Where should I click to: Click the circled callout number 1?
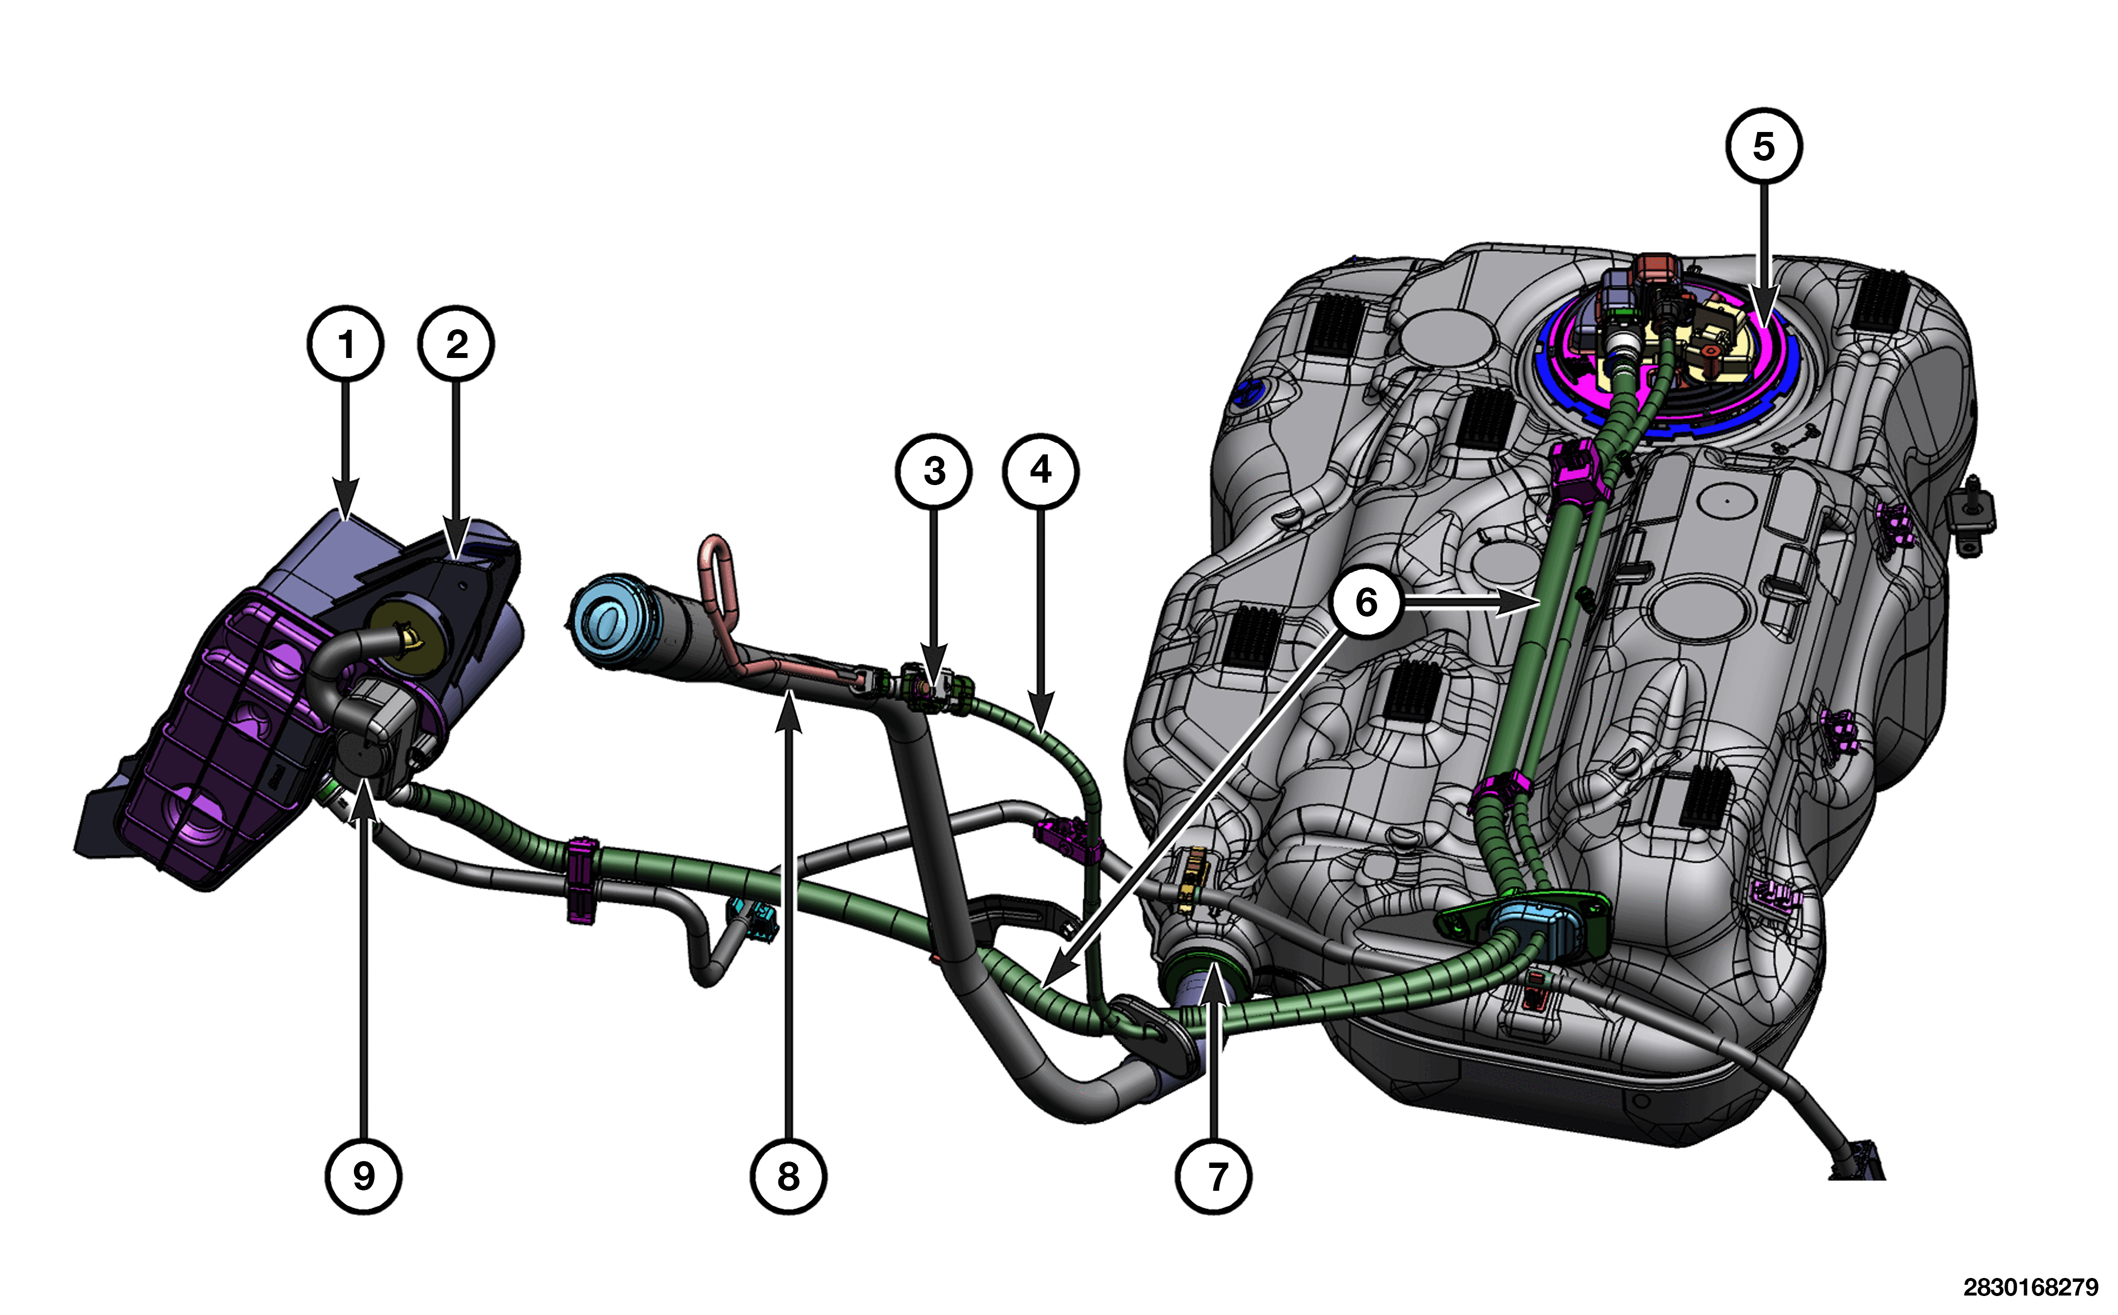[345, 343]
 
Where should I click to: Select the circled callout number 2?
[457, 343]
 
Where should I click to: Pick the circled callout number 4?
[1041, 470]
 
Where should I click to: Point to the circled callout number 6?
[1366, 602]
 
